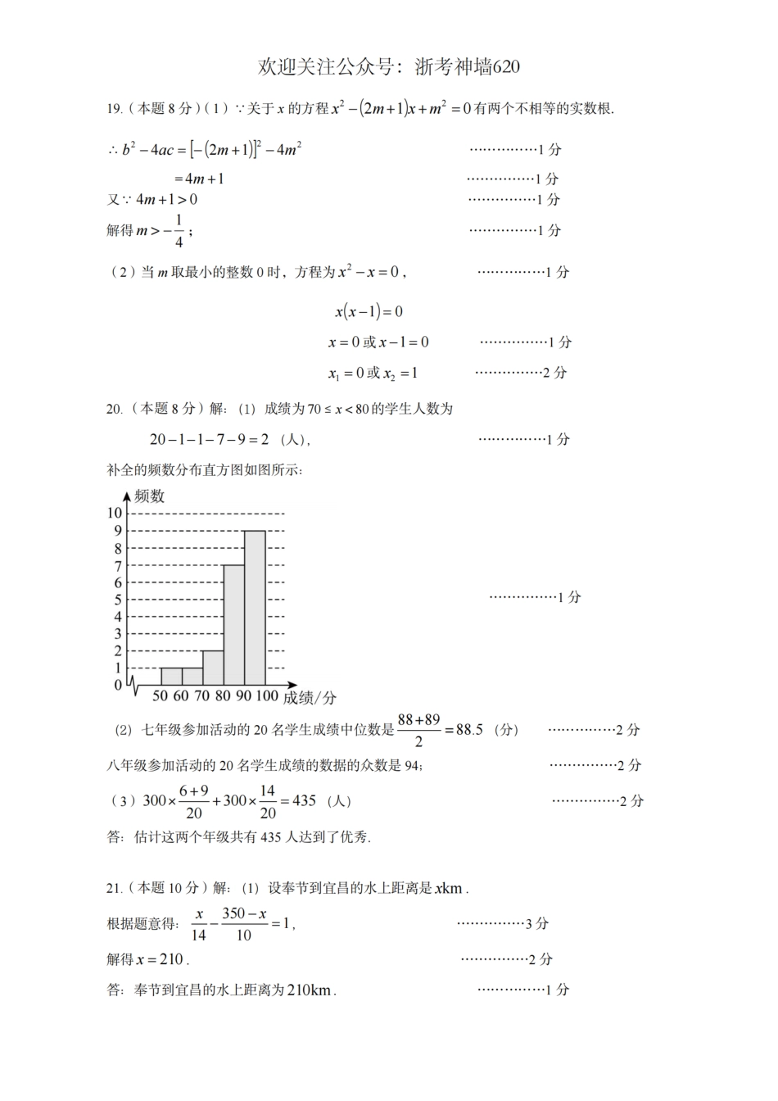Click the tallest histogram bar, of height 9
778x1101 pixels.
tap(255, 607)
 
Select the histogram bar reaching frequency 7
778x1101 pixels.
tap(233, 624)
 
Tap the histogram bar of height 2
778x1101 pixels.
tap(213, 668)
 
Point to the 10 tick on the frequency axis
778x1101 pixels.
tap(114, 513)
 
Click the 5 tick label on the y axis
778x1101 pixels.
tap(118, 600)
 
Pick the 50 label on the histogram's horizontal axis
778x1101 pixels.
tap(160, 696)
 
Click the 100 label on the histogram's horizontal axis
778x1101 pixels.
tap(267, 696)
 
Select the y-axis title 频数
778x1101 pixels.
tap(149, 496)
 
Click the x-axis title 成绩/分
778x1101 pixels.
tap(310, 698)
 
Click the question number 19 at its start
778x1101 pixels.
tap(114, 109)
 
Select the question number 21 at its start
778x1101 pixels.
tap(114, 887)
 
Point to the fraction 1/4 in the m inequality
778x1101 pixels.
tap(179, 231)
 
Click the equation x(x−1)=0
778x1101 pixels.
tap(369, 311)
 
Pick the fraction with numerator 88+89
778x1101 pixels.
tap(418, 730)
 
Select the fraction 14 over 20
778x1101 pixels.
tap(268, 801)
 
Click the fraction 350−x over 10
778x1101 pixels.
tap(244, 924)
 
